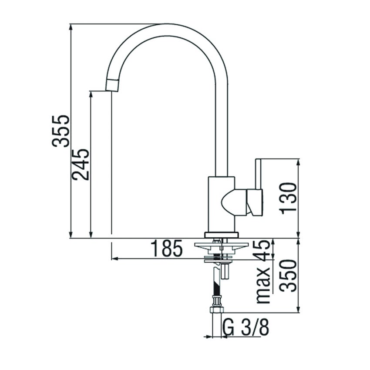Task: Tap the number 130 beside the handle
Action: [x=289, y=198]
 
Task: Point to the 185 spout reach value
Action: [x=167, y=249]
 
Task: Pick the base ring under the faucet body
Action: [x=222, y=235]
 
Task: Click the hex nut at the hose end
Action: [x=216, y=309]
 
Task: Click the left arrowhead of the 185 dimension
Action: [x=114, y=259]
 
